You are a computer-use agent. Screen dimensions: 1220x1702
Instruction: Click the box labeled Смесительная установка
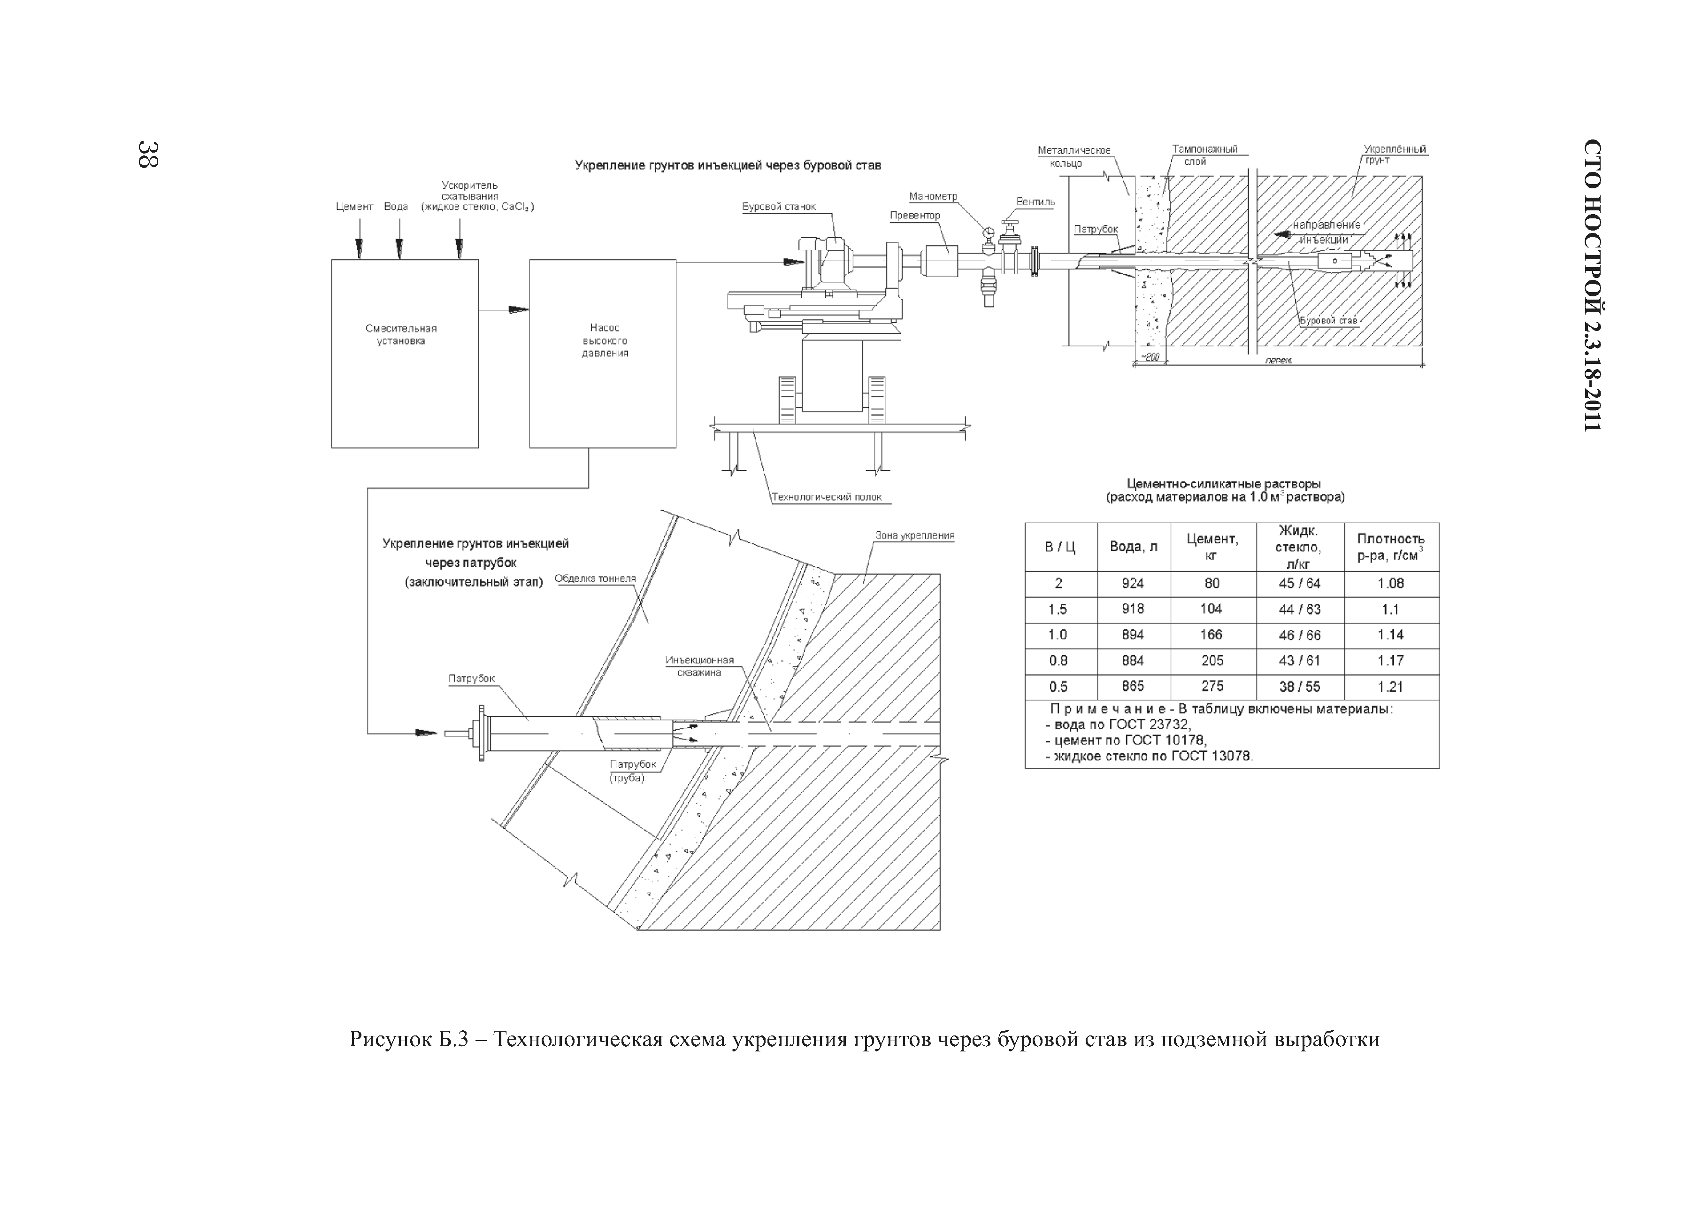(405, 354)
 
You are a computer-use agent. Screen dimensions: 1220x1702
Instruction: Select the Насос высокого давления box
(603, 354)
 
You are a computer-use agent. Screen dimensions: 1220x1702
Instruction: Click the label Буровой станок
(779, 207)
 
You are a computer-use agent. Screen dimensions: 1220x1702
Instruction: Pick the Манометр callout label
(933, 197)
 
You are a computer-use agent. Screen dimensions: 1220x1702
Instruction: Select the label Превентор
(915, 216)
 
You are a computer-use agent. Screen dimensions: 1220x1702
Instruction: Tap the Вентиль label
(1035, 202)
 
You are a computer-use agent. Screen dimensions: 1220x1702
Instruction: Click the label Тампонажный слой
(1204, 154)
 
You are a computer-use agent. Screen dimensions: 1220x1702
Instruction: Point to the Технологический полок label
(826, 497)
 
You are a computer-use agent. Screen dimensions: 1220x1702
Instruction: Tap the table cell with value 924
(1133, 583)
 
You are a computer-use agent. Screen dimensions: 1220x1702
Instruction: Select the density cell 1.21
(1391, 686)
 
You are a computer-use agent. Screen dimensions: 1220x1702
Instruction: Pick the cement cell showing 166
(1211, 635)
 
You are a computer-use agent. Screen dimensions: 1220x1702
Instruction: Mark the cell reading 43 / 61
(1299, 661)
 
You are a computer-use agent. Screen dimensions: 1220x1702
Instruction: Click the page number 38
(148, 154)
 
